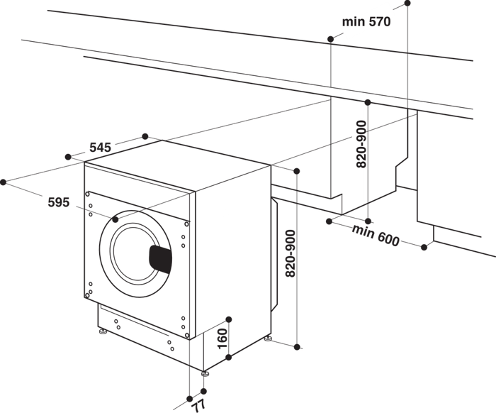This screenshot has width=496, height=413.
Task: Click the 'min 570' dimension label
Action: (366, 22)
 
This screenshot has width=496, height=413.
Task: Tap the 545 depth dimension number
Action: (100, 148)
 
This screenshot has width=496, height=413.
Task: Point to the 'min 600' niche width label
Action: (376, 235)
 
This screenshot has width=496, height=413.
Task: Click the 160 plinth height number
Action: (222, 339)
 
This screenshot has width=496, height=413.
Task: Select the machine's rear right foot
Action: (268, 339)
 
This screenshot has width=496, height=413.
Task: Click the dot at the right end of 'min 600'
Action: (424, 247)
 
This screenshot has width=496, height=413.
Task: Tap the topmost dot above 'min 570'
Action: (408, 4)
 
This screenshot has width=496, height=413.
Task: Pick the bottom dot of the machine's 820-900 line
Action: (298, 347)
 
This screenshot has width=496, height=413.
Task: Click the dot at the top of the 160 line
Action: (228, 319)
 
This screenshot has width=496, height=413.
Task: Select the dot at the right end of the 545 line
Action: (145, 136)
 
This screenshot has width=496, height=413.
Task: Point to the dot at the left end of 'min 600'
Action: (329, 221)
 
